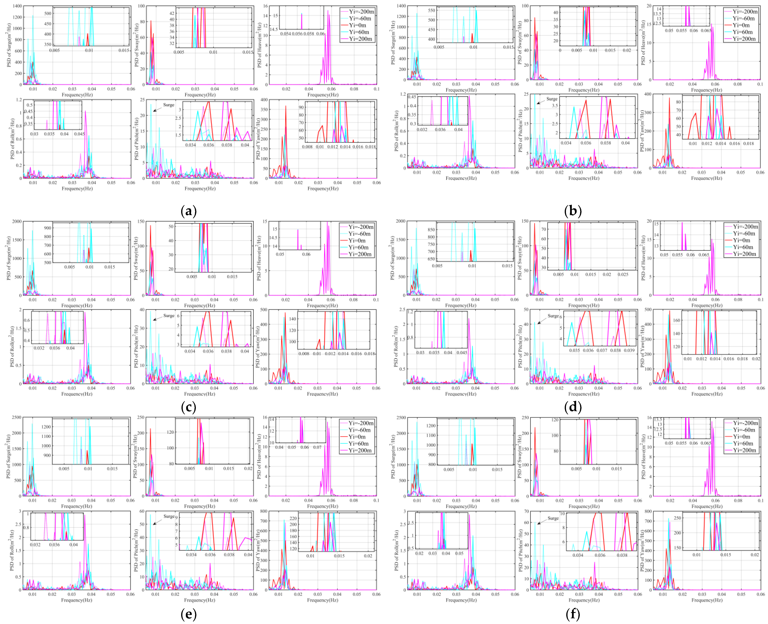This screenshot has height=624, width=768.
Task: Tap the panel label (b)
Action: point(573,211)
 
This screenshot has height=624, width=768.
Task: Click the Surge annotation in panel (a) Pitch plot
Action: point(169,105)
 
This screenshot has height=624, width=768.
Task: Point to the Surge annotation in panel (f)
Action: point(553,518)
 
